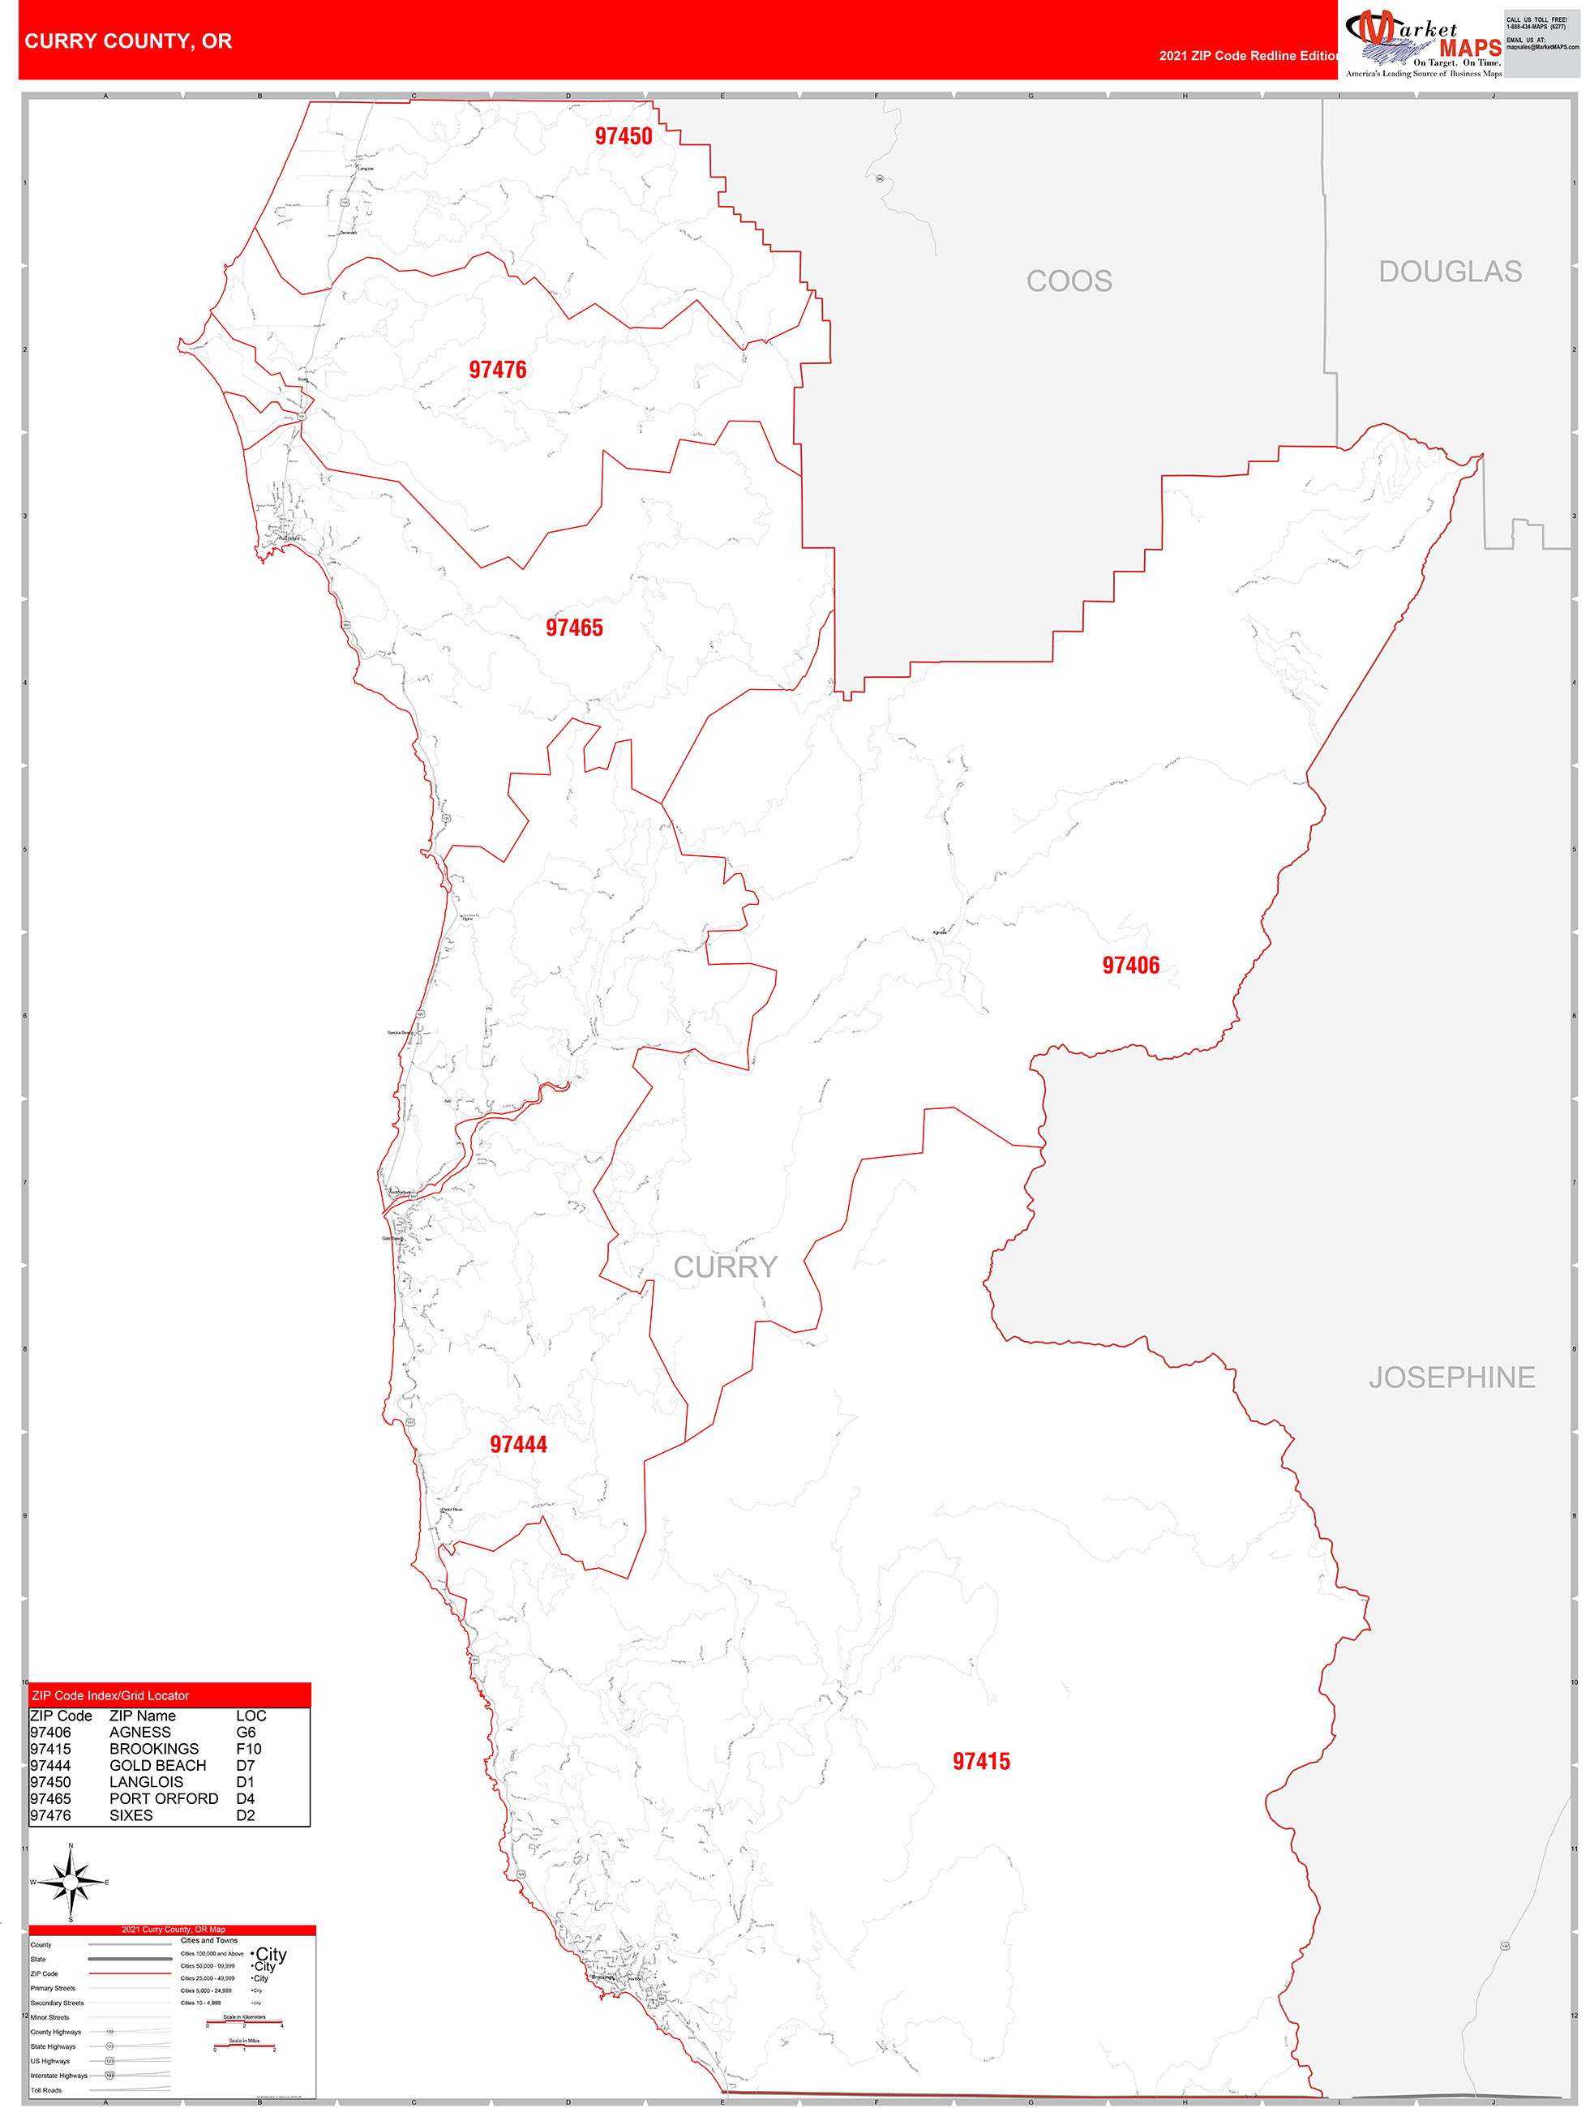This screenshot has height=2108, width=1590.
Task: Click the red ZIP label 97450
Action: point(624,136)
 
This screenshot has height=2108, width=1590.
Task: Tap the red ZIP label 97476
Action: point(497,370)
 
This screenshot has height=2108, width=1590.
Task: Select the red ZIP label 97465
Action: point(574,628)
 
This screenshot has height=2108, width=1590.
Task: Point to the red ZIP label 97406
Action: point(1130,966)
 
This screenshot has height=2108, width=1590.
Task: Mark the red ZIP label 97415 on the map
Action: point(981,1762)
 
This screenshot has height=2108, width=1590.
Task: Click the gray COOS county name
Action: point(1069,281)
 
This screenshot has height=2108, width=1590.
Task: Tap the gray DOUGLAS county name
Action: point(1449,272)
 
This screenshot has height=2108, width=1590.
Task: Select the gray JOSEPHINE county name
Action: point(1451,1377)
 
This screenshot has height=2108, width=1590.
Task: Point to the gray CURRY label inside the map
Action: point(726,1267)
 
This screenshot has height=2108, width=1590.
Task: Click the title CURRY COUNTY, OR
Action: point(129,41)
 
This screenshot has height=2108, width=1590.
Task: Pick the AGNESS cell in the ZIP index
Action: point(140,1733)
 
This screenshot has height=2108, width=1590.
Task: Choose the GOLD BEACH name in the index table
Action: point(157,1766)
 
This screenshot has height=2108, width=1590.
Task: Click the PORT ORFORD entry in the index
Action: point(164,1799)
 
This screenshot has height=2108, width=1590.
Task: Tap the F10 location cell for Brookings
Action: point(249,1749)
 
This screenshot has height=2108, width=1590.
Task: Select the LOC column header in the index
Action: point(251,1716)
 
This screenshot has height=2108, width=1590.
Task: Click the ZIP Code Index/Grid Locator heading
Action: point(110,1695)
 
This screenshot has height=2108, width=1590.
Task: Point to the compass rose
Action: point(71,1881)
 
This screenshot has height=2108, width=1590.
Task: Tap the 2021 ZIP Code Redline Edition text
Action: point(1248,56)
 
